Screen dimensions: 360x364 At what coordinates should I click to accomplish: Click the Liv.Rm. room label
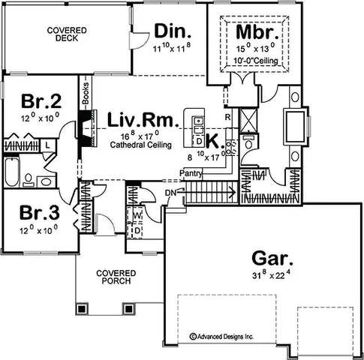142,120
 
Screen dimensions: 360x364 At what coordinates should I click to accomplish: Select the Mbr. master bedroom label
257,33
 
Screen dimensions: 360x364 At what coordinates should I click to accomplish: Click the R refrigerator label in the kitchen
226,117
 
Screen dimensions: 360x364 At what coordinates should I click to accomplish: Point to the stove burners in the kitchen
232,146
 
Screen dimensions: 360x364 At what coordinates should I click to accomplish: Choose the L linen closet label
47,143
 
